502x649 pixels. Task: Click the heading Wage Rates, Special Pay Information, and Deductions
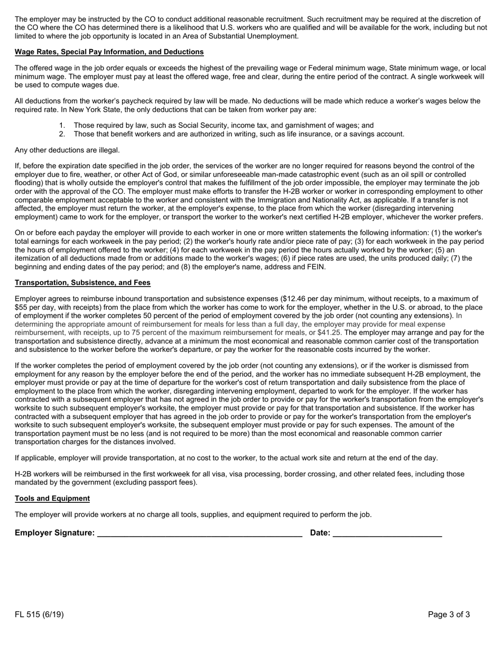(x=109, y=52)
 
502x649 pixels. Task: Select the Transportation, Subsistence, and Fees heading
(x=82, y=283)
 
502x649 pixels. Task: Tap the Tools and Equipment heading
(x=52, y=499)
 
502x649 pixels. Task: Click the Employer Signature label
(x=55, y=533)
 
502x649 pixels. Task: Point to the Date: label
(x=320, y=533)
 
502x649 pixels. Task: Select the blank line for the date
(x=387, y=534)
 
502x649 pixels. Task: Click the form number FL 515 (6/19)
(x=39, y=615)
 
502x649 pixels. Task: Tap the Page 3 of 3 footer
(x=449, y=615)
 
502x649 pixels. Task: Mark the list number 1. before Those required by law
(x=62, y=126)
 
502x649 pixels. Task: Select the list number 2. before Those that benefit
(x=62, y=134)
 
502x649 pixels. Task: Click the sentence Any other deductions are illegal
(x=67, y=150)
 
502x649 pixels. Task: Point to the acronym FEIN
(x=315, y=267)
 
